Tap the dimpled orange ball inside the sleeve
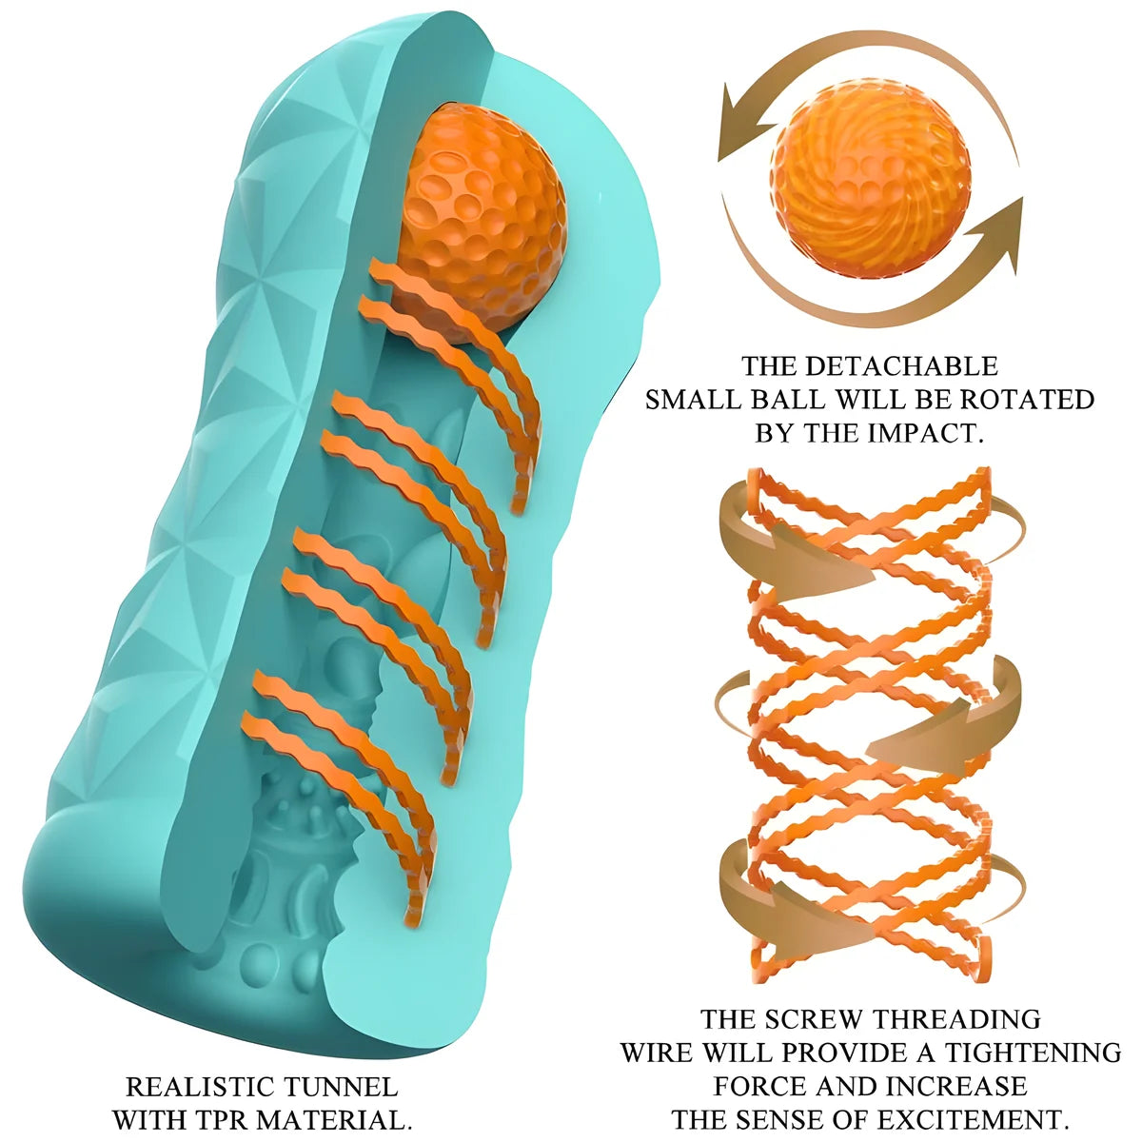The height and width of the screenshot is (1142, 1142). [x=481, y=224]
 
